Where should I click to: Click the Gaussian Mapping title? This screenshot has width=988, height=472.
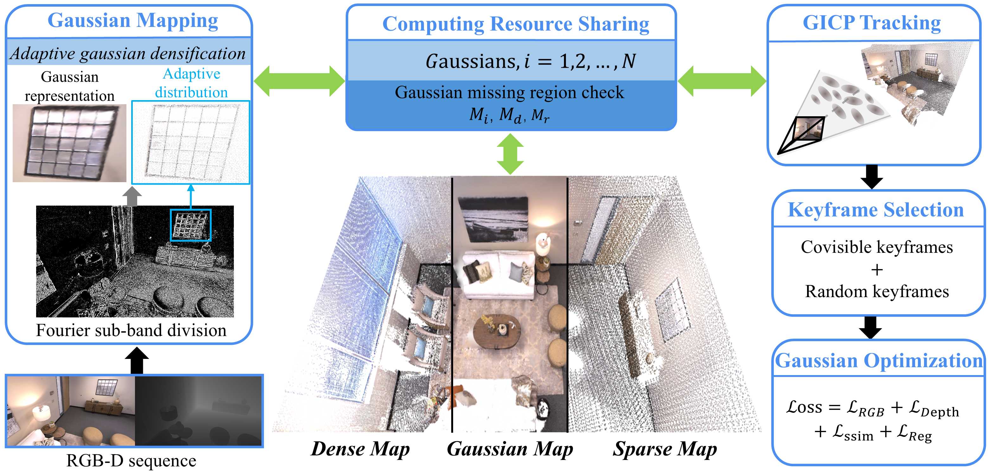[133, 21]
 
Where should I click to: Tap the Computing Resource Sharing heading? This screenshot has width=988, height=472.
[516, 24]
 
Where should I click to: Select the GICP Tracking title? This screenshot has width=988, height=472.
[871, 22]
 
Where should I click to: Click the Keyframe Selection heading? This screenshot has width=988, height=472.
[876, 210]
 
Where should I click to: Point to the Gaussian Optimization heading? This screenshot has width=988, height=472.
[879, 361]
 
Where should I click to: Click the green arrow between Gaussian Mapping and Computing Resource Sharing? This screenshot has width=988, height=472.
[299, 81]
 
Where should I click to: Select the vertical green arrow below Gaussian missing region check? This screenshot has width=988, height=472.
[510, 154]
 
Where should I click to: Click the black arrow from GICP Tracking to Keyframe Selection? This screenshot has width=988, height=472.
[871, 177]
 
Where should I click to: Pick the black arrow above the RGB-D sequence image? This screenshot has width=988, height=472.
[137, 361]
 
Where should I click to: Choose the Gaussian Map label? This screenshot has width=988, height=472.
[510, 449]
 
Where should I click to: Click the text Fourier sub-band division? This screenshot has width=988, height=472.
[131, 330]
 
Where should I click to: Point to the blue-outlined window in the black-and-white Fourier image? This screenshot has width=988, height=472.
[191, 225]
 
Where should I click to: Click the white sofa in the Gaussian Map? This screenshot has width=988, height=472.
[499, 274]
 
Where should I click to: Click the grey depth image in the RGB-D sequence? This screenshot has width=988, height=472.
[198, 411]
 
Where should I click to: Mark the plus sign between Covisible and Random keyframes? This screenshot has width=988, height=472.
[877, 270]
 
